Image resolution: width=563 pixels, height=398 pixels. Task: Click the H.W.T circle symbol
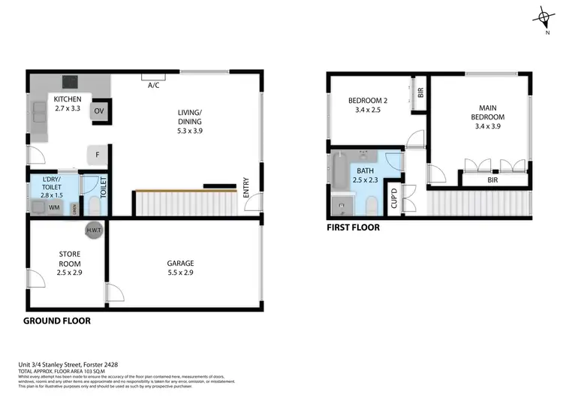point(95,230)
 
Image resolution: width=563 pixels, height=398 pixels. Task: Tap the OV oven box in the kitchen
point(99,111)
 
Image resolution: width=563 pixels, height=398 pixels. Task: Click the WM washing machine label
point(55,206)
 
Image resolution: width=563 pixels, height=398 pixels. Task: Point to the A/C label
point(154,85)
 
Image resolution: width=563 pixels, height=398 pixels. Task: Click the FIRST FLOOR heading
point(354,227)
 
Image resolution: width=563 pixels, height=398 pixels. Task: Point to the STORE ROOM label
point(69,259)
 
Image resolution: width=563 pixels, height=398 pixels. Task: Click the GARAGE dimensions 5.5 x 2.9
point(180,273)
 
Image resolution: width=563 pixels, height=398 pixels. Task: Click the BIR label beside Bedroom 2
point(420,92)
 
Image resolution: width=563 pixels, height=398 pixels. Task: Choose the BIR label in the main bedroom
point(492,180)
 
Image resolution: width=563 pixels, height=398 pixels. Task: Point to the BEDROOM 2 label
point(369,101)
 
